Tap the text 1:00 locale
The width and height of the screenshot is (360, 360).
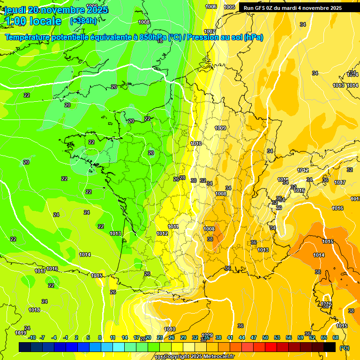click(33, 21)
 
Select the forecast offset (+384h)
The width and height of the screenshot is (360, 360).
click(83, 21)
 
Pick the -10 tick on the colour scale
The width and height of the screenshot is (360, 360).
click(32, 337)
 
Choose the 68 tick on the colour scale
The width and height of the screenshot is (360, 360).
click(336, 337)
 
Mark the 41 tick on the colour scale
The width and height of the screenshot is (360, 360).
click(230, 337)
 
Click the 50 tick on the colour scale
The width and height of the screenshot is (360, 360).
click(265, 337)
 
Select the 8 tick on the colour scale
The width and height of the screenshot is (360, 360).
click(100, 337)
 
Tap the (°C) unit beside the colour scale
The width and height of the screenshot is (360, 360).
click(345, 348)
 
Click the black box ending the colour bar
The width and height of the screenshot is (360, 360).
click(330, 347)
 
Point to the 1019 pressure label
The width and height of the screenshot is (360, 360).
click(21, 333)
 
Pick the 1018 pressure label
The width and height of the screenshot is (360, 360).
click(34, 310)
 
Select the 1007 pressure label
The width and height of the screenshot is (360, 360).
click(210, 31)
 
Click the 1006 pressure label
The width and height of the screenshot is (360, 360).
click(211, 7)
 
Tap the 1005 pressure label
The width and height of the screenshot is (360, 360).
click(229, 7)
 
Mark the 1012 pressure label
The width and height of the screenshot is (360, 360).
click(162, 233)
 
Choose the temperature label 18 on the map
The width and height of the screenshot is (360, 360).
click(160, 41)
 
